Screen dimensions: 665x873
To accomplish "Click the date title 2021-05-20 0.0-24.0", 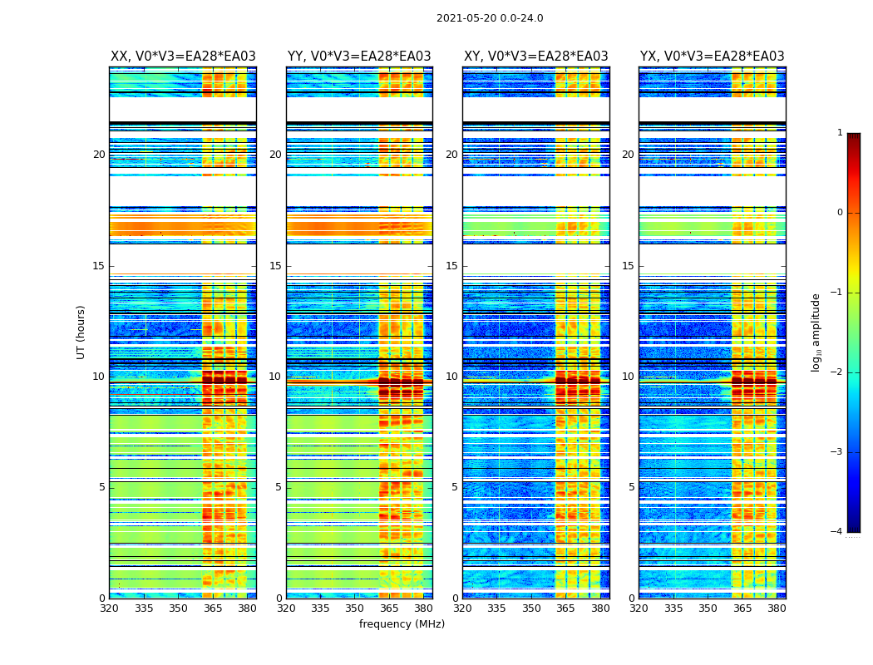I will click(490, 18).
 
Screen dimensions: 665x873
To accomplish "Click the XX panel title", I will click(183, 57).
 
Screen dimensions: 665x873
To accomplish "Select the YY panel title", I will click(359, 57).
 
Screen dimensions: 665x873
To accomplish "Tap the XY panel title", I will click(535, 57).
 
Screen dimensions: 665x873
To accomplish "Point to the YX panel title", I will click(712, 57).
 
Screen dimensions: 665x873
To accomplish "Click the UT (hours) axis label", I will click(81, 332).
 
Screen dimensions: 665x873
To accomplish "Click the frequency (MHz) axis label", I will click(402, 624).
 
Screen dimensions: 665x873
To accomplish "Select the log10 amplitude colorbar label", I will click(816, 332).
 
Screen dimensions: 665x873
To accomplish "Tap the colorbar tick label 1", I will click(839, 133).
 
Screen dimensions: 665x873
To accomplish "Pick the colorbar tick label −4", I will click(837, 532).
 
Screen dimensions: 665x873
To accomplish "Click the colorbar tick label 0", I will click(839, 213).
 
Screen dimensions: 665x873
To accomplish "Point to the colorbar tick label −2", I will click(837, 372).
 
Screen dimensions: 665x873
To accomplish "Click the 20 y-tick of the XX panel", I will click(99, 155).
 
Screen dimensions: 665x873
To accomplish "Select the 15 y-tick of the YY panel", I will click(275, 266).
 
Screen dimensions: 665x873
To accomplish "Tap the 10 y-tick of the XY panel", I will click(451, 377).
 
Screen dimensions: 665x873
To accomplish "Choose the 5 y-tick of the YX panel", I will click(632, 487).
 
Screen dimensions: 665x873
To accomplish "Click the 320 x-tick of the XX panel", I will click(110, 608).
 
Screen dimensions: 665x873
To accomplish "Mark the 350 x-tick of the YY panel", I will click(355, 608).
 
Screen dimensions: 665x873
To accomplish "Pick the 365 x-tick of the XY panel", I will click(565, 608).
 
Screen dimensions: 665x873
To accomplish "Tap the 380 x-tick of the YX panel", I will click(777, 608).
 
